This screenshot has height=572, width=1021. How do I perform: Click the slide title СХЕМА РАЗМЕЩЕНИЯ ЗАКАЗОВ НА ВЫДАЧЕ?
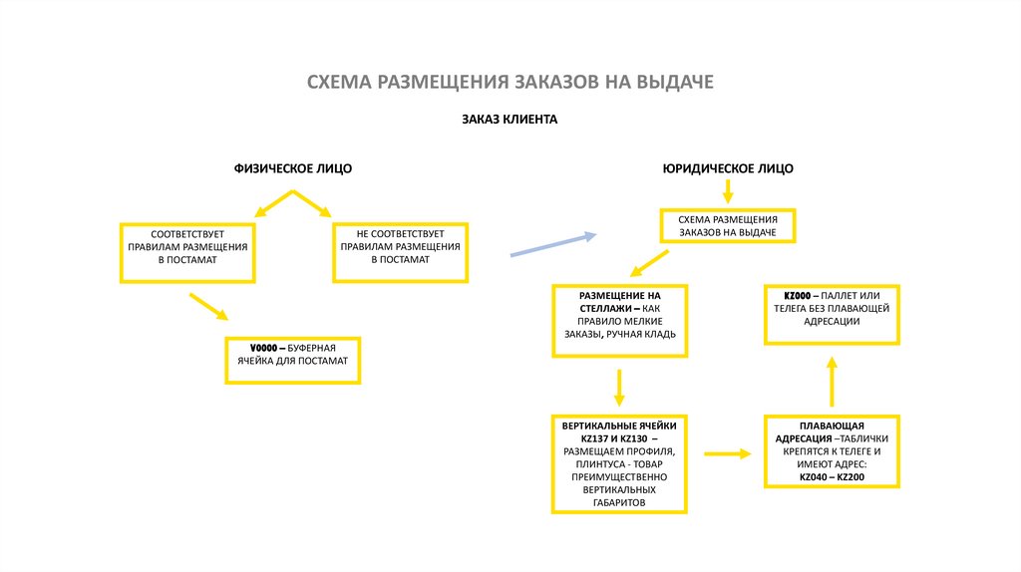pos(510,81)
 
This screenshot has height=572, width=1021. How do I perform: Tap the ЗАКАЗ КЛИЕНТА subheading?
pos(510,120)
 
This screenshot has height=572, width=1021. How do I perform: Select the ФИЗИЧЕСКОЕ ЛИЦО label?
pos(293,168)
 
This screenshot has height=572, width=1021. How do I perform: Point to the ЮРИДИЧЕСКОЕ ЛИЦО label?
pos(728,168)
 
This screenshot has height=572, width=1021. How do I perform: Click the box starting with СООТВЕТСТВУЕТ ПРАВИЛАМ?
pos(187,252)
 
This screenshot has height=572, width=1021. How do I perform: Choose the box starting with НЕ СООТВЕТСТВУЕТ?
pos(400,252)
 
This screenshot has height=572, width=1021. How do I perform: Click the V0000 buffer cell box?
pos(292,360)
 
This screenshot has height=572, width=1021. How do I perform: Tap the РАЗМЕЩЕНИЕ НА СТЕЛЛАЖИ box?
pos(619,320)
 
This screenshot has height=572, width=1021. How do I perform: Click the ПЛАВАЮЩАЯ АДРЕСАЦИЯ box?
pos(833,451)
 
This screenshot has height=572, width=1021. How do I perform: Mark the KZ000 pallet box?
pos(833,314)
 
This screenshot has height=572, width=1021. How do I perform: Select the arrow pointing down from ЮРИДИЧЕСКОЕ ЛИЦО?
pos(728,192)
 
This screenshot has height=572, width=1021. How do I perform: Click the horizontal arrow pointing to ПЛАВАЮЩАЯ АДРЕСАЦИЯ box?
pos(727,453)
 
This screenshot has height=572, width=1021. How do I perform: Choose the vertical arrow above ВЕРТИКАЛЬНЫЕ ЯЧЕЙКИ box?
pos(619,386)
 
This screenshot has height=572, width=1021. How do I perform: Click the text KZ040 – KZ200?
pos(833,477)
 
